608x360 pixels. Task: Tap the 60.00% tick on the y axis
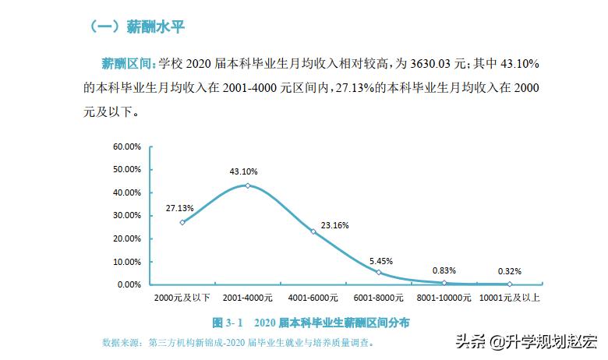click(126, 146)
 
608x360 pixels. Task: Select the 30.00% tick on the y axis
click(126, 215)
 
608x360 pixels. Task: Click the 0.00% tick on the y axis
click(129, 284)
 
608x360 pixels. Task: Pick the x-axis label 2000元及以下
click(182, 298)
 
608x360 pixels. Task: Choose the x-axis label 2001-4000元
click(247, 298)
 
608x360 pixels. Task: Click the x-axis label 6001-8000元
click(378, 298)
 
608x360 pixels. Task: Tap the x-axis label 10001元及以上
click(510, 298)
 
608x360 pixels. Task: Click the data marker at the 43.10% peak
click(247, 185)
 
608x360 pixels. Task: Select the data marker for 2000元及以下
click(182, 222)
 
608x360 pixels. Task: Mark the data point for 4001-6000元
click(313, 231)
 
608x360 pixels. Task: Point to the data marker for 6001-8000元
click(378, 272)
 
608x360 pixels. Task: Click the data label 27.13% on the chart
click(179, 208)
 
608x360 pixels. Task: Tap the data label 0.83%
click(444, 270)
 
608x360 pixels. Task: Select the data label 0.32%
click(509, 271)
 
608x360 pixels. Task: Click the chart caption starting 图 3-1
click(311, 322)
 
